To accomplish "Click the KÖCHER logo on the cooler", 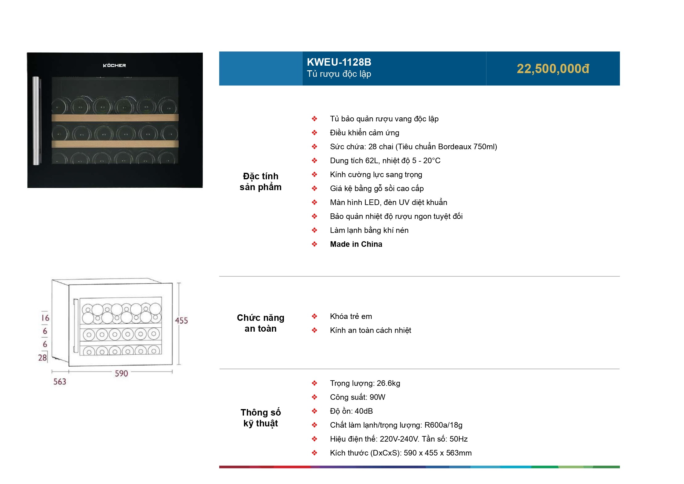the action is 114,65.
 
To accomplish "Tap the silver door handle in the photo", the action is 37,121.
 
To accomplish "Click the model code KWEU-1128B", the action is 339,62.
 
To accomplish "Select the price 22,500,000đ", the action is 553,69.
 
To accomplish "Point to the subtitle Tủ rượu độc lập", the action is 339,74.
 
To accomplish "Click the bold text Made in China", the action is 356,244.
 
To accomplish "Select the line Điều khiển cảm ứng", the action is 364,133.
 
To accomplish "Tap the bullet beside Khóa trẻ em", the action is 314,316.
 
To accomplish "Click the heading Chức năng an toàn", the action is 260,323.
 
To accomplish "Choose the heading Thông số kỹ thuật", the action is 261,418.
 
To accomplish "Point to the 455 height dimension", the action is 181,320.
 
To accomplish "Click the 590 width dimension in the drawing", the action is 121,373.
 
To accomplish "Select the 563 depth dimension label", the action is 60,382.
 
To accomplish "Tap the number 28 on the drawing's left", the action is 42,358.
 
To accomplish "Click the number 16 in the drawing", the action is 45,318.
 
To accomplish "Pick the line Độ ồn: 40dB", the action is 351,411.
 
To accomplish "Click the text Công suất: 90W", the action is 358,397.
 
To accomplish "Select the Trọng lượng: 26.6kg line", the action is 365,383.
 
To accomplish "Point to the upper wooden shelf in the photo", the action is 115,118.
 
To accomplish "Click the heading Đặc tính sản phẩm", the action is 260,181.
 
